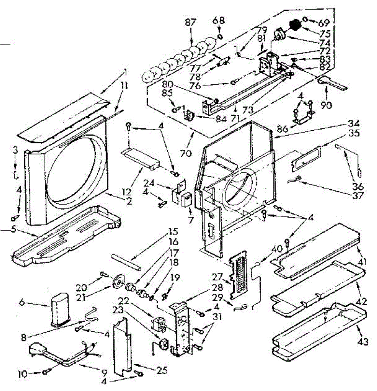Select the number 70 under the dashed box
click(x=186, y=153)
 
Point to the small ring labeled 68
click(x=220, y=35)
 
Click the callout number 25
click(x=162, y=370)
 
